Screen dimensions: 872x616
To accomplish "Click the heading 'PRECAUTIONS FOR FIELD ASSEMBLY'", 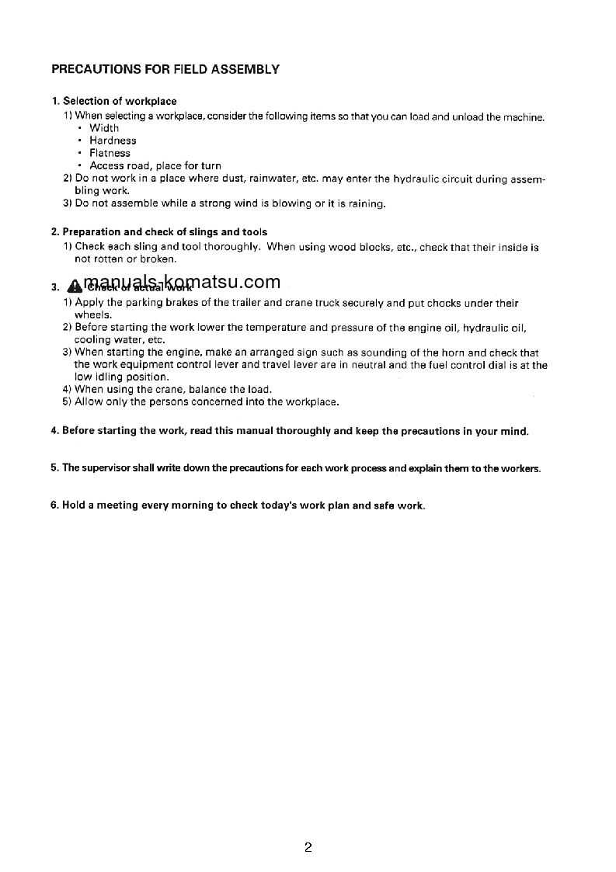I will coord(165,69).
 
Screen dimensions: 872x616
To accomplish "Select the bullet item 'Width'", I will coord(104,128).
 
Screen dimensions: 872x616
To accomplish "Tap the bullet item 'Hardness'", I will coord(113,141).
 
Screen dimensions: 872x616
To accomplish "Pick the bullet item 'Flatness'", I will coord(110,153).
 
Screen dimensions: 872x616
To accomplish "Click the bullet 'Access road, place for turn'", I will coord(155,165).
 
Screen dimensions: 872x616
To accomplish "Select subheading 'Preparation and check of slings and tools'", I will coord(164,232).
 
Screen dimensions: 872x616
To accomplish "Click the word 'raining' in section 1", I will coord(365,204).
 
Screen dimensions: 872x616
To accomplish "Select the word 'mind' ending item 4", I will coord(514,431).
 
